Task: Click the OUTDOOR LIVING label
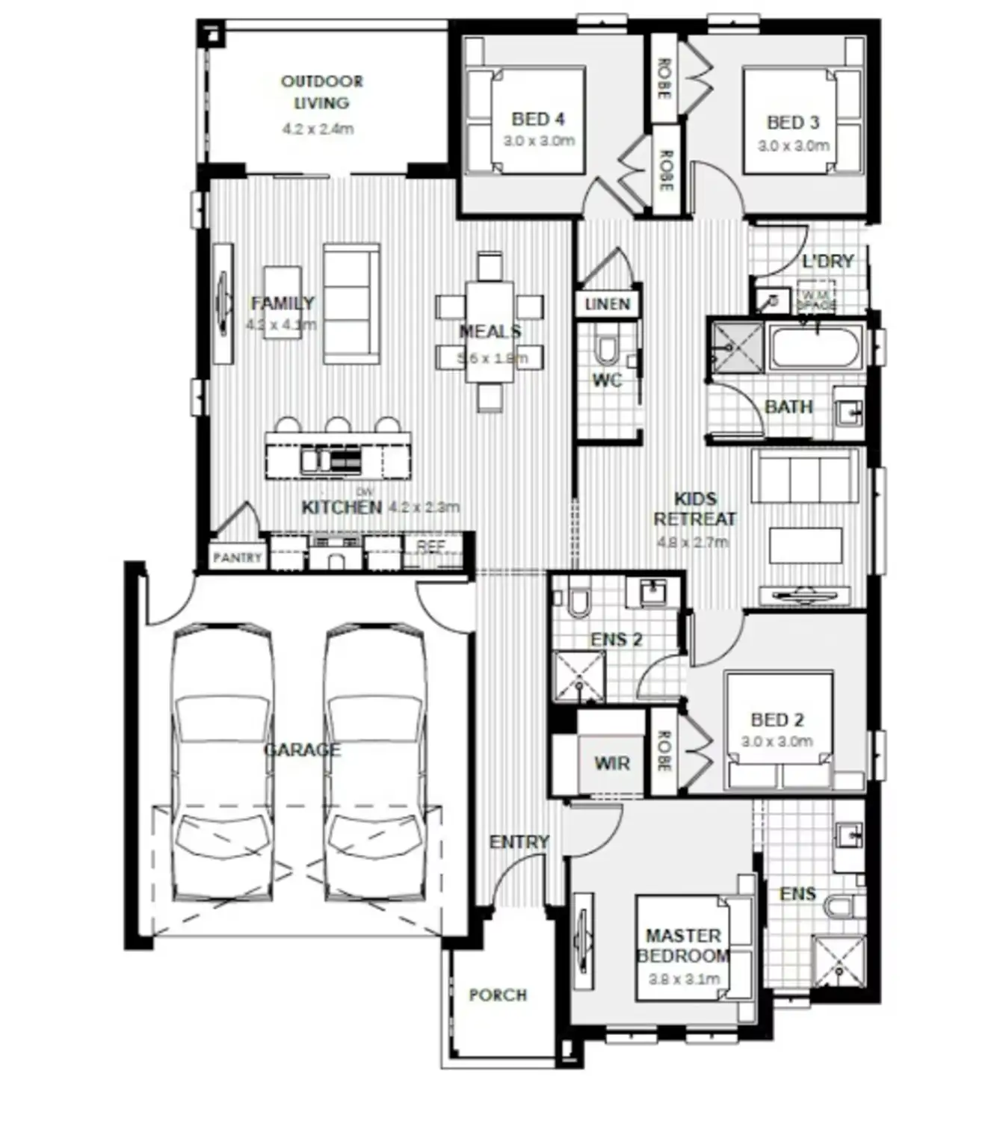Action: coord(321,92)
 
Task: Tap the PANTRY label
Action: coord(237,558)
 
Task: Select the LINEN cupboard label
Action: coord(608,304)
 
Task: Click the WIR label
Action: coord(611,763)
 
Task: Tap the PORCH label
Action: coord(498,995)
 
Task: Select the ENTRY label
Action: coord(519,842)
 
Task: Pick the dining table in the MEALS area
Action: coord(490,331)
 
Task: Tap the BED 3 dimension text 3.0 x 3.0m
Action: coord(793,146)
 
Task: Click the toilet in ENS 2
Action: coord(578,602)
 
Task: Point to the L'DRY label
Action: coord(827,262)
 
